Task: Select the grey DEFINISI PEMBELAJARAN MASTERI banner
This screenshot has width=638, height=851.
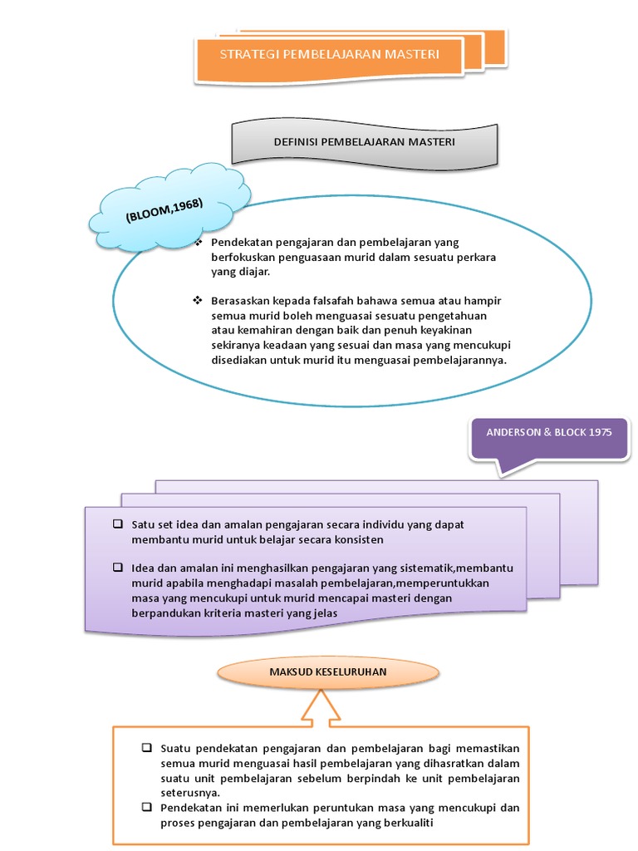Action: tap(364, 142)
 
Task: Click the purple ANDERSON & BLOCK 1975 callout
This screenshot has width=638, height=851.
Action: tap(548, 434)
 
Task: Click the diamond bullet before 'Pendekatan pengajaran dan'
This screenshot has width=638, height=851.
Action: tap(198, 243)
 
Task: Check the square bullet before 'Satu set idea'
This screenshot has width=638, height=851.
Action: tap(118, 524)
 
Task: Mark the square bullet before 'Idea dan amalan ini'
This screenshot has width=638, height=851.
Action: tap(118, 568)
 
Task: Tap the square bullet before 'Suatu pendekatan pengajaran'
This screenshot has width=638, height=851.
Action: tap(147, 749)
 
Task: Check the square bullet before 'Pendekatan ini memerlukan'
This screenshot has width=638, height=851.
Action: tap(147, 808)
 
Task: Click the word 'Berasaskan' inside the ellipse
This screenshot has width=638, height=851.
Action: tap(238, 300)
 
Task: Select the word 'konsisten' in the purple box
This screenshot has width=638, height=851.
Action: tap(359, 539)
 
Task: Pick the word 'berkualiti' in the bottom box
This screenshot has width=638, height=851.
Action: tap(403, 823)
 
